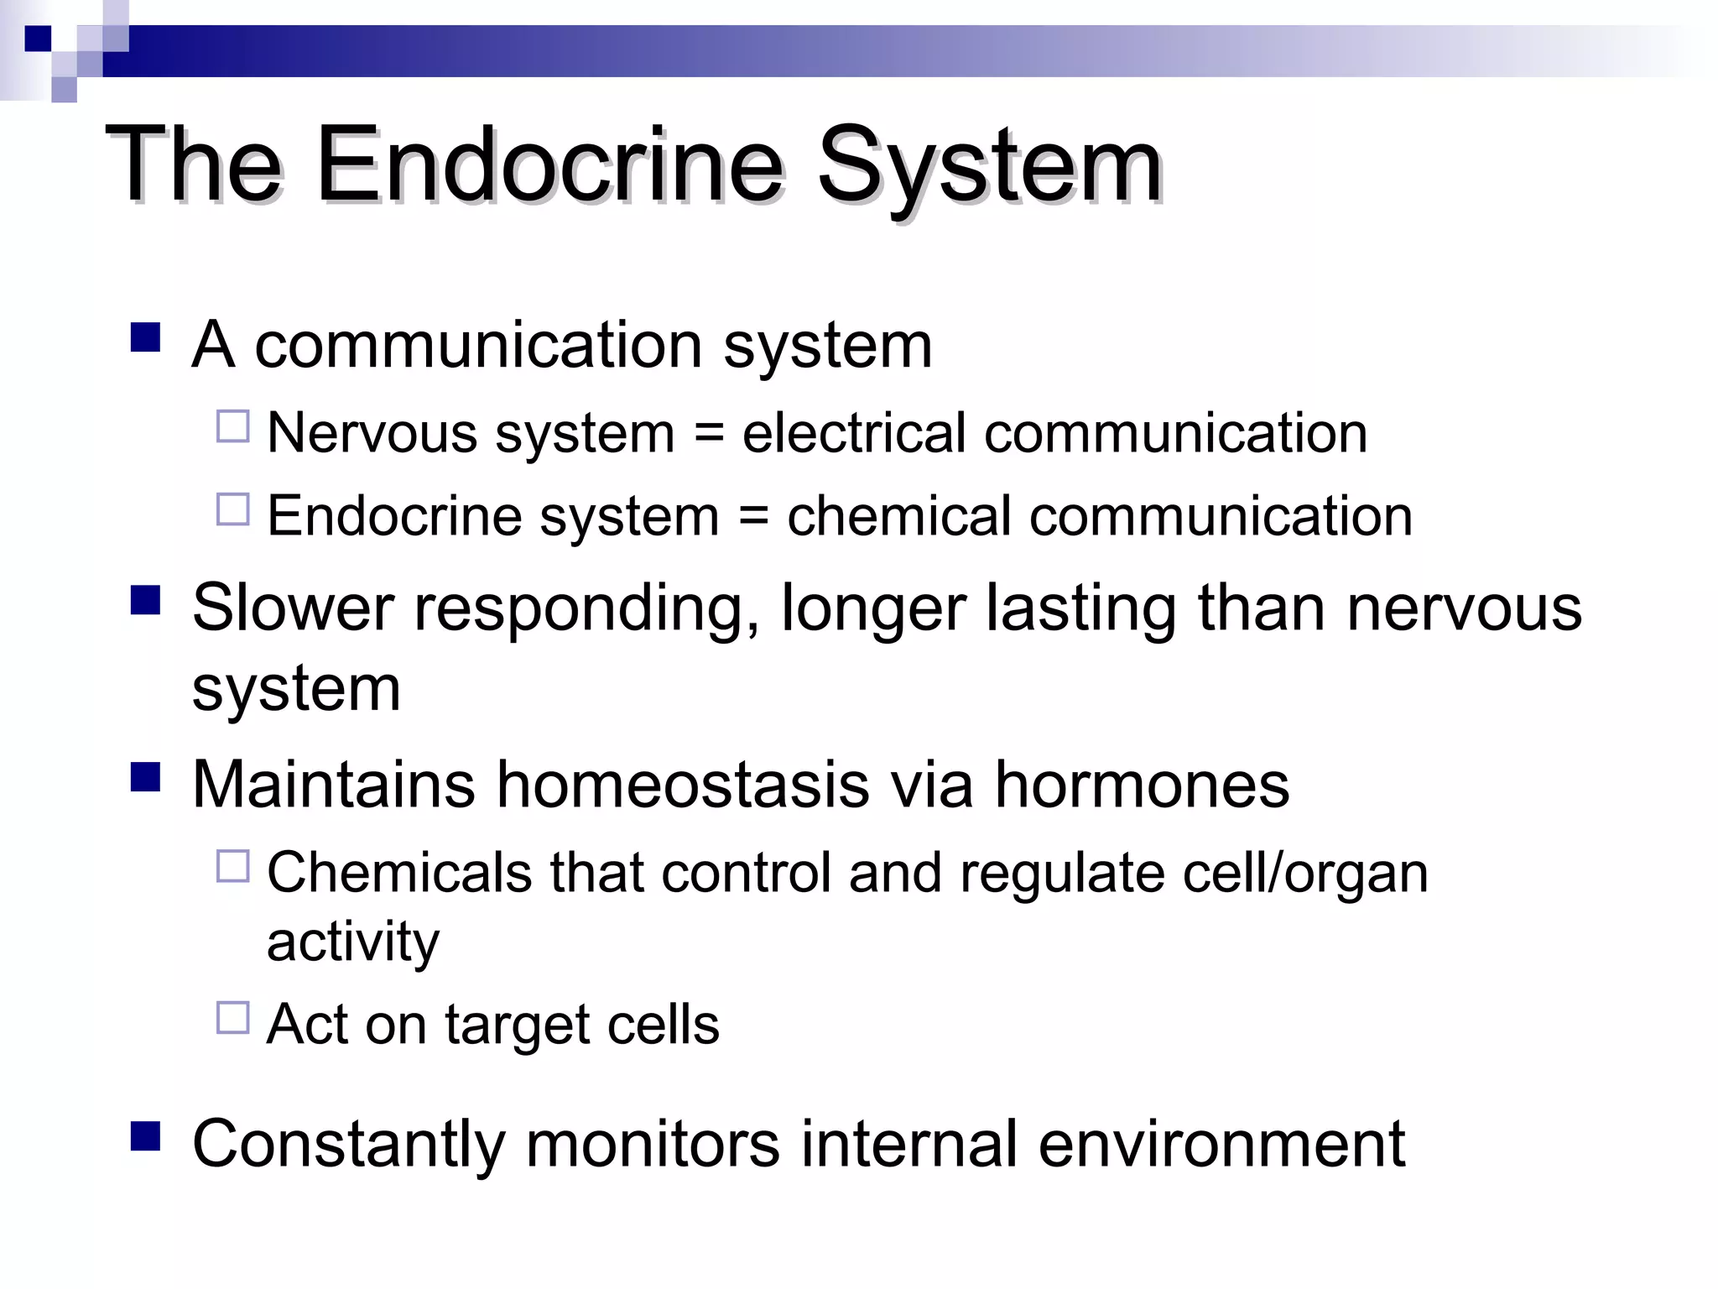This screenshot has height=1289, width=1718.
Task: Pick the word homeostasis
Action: pos(683,785)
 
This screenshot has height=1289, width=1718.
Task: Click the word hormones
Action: pos(1142,785)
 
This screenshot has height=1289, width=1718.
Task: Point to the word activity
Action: pos(352,942)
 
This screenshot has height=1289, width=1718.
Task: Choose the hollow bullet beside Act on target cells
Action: pos(233,1018)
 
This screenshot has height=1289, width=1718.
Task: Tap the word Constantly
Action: pos(348,1145)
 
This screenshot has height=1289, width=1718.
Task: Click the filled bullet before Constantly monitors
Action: pos(145,1137)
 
